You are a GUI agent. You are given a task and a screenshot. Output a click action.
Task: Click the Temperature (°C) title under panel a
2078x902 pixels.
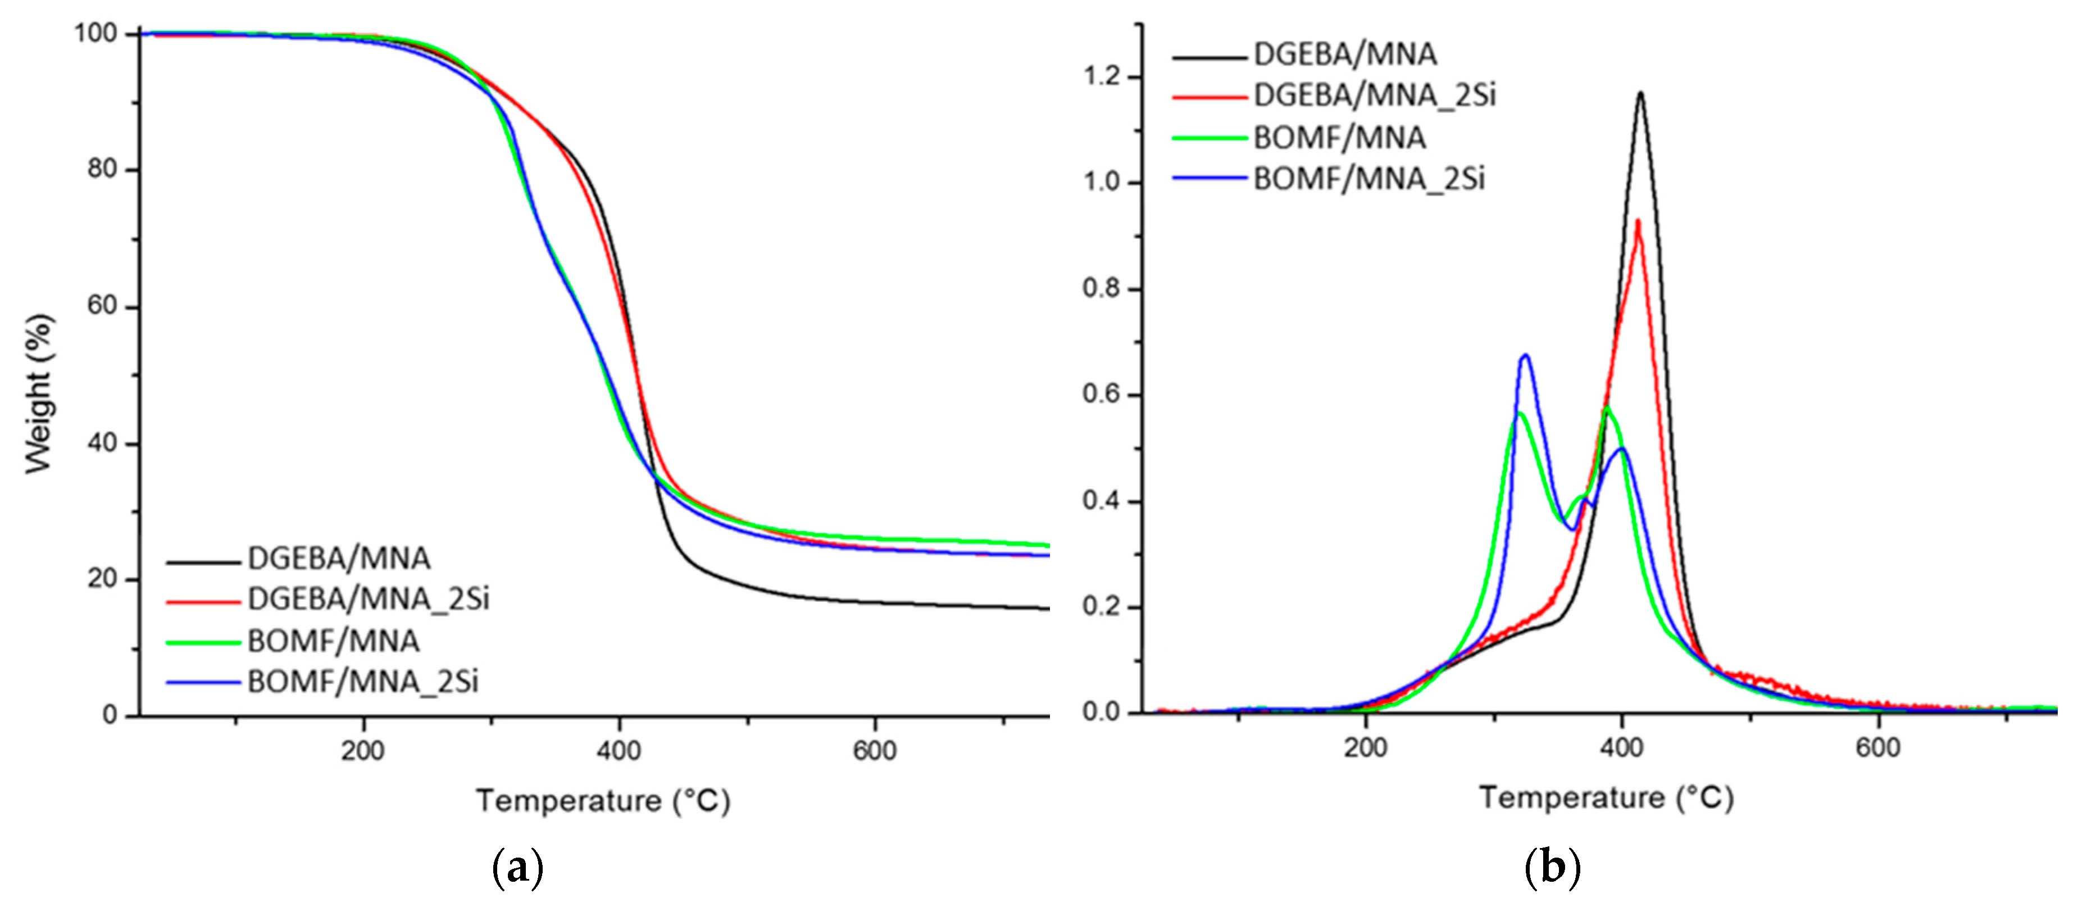click(603, 801)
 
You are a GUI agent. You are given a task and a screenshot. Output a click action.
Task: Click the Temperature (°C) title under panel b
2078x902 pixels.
click(1606, 798)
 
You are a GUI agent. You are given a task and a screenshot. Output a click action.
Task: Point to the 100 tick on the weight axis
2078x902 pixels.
click(95, 33)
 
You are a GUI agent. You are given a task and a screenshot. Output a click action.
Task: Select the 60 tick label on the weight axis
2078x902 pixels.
click(102, 307)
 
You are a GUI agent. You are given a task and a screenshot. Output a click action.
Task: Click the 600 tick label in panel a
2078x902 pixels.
click(875, 751)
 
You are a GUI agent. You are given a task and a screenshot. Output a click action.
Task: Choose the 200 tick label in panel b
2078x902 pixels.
click(1365, 748)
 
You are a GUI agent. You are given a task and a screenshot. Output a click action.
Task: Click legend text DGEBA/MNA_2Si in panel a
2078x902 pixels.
click(369, 600)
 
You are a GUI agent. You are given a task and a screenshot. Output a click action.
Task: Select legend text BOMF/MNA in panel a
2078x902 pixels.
click(333, 641)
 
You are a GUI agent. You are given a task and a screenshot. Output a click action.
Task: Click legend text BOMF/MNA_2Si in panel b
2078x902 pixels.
click(1369, 179)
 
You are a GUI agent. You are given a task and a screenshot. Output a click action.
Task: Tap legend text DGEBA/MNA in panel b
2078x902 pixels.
click(1345, 55)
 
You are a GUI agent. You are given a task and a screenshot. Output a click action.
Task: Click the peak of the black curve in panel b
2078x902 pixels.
click(1640, 94)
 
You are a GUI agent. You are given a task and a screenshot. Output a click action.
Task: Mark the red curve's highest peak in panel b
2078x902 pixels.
click(1638, 221)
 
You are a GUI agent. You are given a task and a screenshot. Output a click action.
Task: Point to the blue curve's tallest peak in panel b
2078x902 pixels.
click(1525, 355)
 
